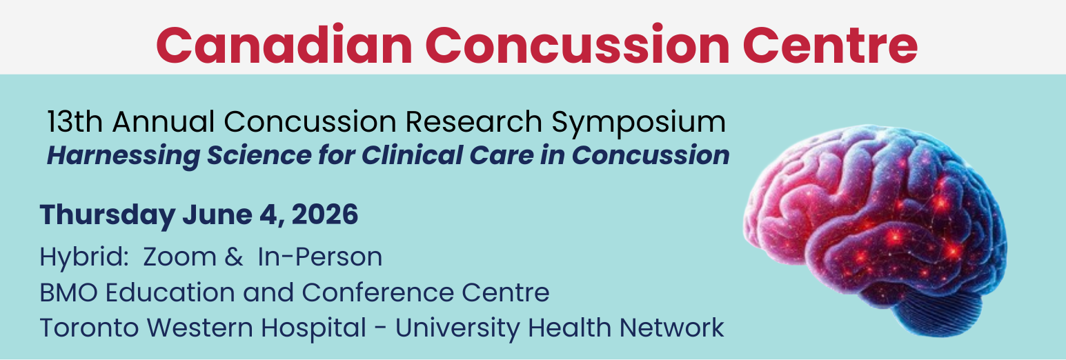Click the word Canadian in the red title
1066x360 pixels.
pyautogui.click(x=284, y=46)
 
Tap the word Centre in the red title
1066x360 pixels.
pyautogui.click(x=830, y=46)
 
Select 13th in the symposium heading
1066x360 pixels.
pyautogui.click(x=75, y=122)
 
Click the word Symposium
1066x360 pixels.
pyautogui.click(x=639, y=123)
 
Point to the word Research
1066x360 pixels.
pyautogui.click(x=474, y=122)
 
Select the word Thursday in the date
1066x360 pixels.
pyautogui.click(x=108, y=215)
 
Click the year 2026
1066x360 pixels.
pyautogui.click(x=324, y=214)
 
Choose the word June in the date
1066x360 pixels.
pyautogui.click(x=217, y=214)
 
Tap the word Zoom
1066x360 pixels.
pyautogui.click(x=180, y=257)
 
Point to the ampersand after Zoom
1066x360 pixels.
pyautogui.click(x=234, y=257)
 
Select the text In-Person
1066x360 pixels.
pyautogui.click(x=320, y=257)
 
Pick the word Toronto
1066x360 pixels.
pyautogui.click(x=90, y=328)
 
